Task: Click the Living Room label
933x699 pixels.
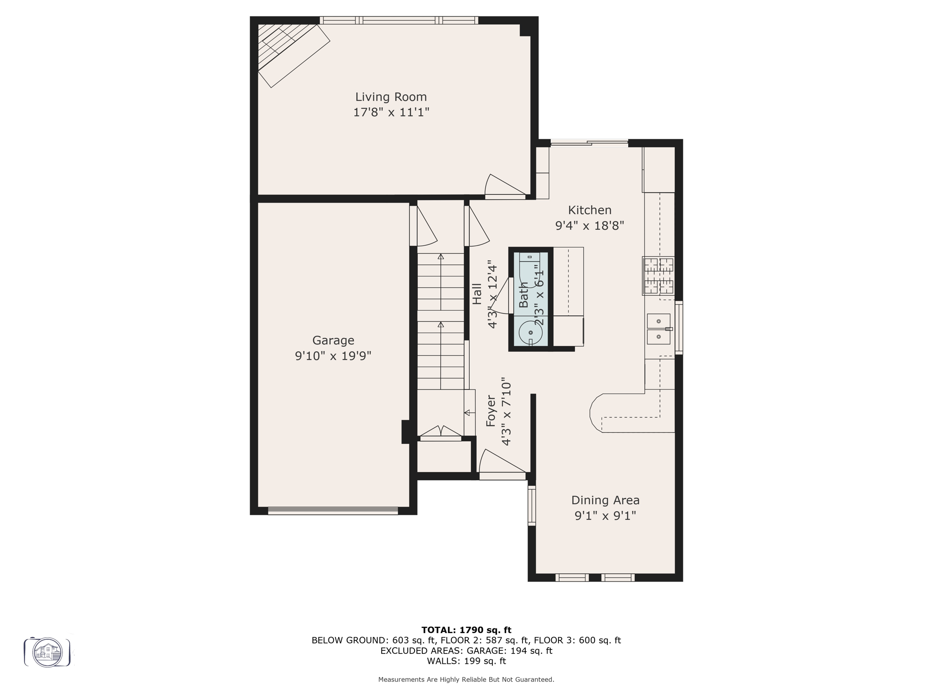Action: tap(391, 97)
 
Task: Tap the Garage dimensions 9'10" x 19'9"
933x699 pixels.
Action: tap(333, 356)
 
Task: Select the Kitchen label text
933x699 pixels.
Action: tap(590, 210)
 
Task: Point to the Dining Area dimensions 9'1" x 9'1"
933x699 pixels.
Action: tap(605, 516)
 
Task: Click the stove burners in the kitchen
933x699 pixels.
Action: tap(658, 276)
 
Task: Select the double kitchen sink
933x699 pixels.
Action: tap(659, 329)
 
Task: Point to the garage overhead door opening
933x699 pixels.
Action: tap(333, 511)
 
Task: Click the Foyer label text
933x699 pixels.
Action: tap(491, 411)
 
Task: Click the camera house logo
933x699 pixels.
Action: tap(47, 652)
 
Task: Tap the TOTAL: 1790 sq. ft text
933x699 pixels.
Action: tap(466, 630)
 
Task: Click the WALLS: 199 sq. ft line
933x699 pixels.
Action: tap(466, 661)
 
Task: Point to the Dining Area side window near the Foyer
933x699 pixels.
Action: tap(532, 505)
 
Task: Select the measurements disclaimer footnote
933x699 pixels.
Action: tap(466, 679)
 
